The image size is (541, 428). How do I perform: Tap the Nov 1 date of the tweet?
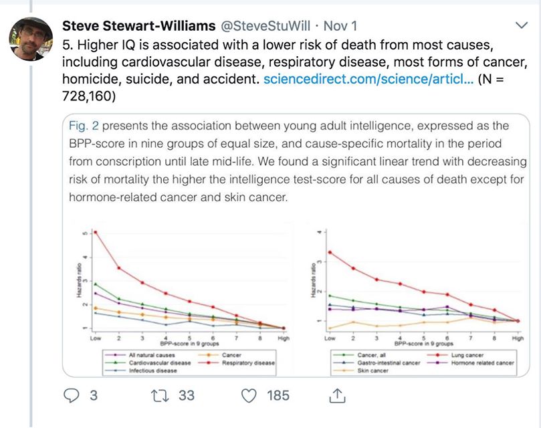point(340,26)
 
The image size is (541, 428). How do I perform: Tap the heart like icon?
point(249,396)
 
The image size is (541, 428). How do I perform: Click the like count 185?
point(278,396)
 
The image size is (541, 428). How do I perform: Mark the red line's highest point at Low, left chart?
point(96,232)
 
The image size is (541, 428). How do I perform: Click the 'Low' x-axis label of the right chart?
point(328,339)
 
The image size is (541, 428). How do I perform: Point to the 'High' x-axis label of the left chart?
point(284,339)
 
